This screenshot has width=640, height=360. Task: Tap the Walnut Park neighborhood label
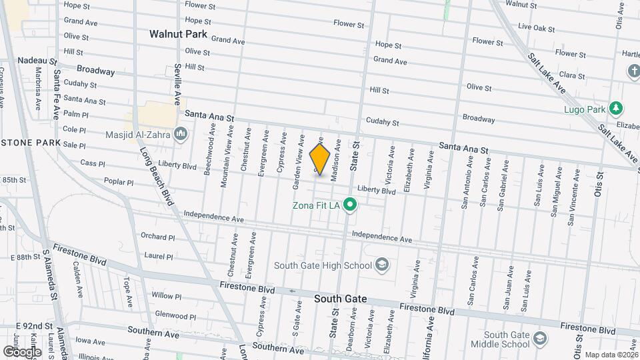point(178,33)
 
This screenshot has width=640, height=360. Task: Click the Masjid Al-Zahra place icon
point(181,135)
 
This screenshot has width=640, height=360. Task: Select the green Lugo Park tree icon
point(617,109)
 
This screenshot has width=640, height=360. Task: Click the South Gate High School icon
point(381,265)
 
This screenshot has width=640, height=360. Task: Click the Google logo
point(22,351)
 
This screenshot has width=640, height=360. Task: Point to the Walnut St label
point(521,4)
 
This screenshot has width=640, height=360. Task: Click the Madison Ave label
point(337,157)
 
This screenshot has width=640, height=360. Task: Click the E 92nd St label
point(35,326)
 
